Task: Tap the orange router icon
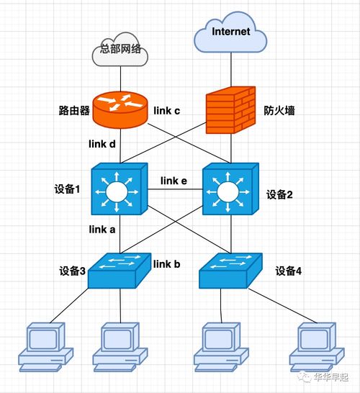120,107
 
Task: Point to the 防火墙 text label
278,112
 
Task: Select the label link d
102,144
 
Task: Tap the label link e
174,181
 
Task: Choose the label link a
102,230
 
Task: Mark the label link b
167,264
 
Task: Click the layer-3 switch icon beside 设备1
118,191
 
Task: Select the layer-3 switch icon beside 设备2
229,191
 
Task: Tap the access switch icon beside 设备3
119,271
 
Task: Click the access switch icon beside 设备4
230,271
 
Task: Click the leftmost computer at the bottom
47,346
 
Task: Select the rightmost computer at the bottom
315,346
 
